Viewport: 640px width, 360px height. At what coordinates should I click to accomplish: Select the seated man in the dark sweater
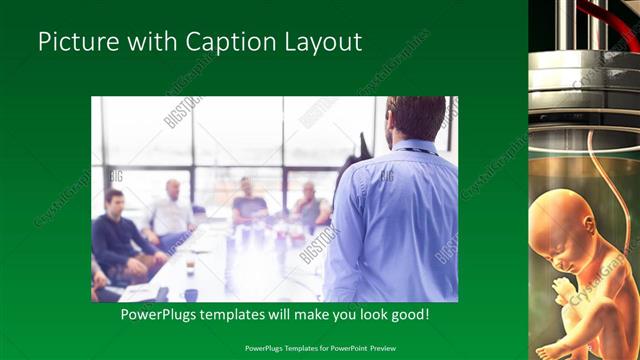(x=117, y=235)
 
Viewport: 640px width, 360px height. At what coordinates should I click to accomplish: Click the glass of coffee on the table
(x=190, y=266)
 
